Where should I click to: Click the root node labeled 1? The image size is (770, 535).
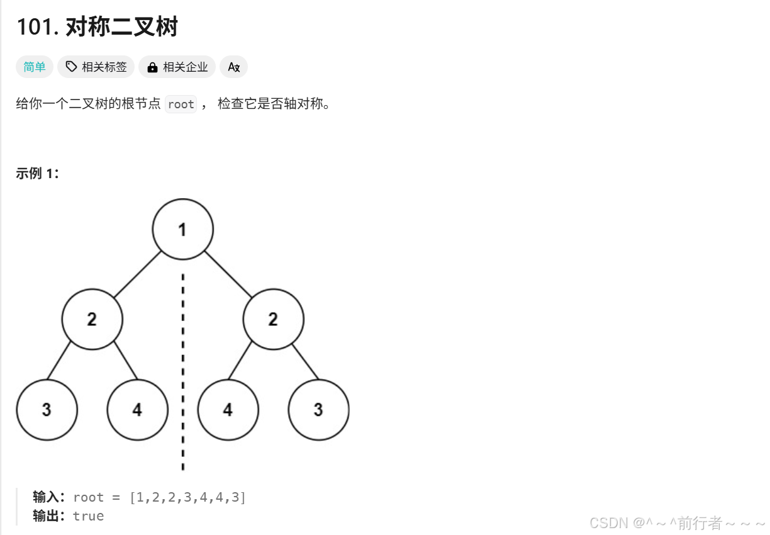(182, 229)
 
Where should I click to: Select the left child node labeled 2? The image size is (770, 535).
(92, 319)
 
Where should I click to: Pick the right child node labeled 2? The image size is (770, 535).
(273, 319)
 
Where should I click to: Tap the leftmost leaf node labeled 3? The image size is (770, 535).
(47, 410)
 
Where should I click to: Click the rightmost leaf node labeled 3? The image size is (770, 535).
(318, 410)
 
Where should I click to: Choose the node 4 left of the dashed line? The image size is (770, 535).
(137, 410)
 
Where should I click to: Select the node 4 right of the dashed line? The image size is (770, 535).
(228, 410)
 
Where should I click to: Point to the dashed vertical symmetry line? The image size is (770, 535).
(182, 371)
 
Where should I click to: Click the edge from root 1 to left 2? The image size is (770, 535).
(137, 274)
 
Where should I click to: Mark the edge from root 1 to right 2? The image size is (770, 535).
(228, 274)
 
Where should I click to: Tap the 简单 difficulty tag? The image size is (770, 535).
(35, 67)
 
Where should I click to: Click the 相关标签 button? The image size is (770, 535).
(96, 67)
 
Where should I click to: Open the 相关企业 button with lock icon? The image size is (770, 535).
(177, 67)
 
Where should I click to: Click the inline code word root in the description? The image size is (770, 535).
(181, 104)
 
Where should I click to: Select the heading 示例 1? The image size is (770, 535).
(37, 174)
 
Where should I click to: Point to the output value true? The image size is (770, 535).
(88, 516)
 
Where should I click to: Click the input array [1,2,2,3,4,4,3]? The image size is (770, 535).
(187, 497)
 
